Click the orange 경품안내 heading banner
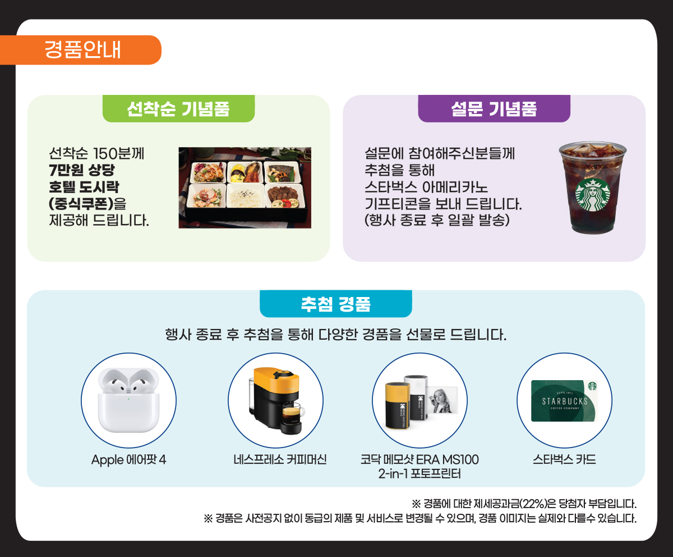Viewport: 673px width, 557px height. [81, 50]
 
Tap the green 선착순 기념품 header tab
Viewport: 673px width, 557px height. [178, 108]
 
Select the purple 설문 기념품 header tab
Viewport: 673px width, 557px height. [494, 108]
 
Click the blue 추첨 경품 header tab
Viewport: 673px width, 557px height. [336, 304]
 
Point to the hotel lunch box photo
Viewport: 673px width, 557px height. [245, 188]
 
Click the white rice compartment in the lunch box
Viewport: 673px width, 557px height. [245, 196]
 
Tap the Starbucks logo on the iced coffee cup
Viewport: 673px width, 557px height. [592, 195]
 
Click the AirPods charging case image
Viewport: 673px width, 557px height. [128, 400]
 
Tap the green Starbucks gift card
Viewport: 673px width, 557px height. [564, 401]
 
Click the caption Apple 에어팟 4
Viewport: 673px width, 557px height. [128, 459]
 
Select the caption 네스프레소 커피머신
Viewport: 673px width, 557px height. [280, 459]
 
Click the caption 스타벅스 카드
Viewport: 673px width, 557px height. [564, 459]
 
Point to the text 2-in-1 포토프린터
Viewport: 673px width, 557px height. [420, 474]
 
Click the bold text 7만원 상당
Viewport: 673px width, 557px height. [82, 170]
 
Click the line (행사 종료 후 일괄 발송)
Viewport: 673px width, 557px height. [437, 220]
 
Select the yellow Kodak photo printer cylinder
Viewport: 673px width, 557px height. [398, 406]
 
